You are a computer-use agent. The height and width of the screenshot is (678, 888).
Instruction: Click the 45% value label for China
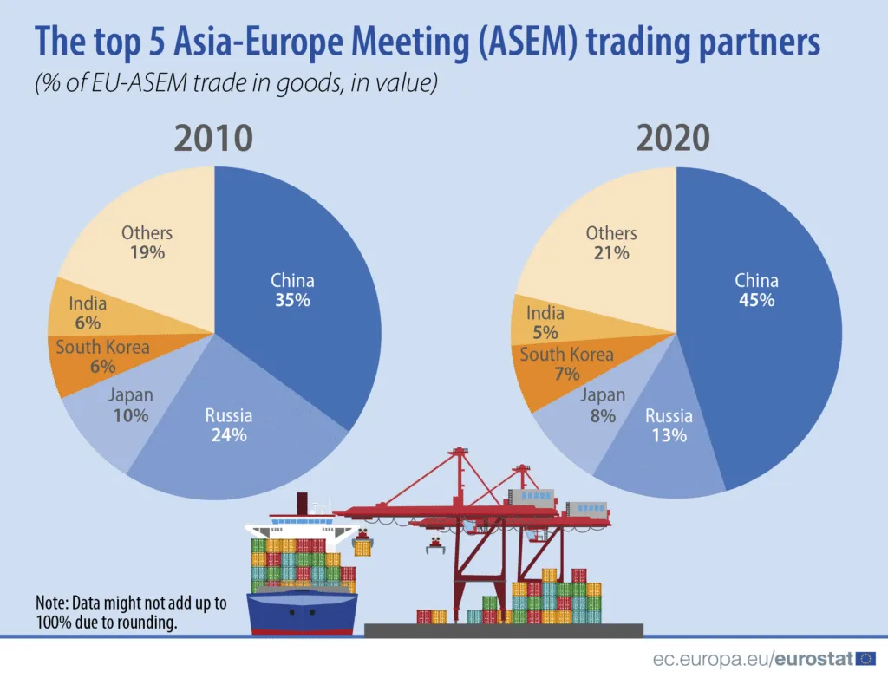tap(757, 301)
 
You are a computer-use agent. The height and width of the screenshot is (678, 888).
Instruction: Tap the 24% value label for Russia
tap(229, 435)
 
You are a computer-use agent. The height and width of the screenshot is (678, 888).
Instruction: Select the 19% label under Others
tap(147, 253)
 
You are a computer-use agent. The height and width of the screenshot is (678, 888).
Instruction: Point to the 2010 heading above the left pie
tap(213, 139)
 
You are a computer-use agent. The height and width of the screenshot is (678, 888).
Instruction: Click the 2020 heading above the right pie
tap(674, 139)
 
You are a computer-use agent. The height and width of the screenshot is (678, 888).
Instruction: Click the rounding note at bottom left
tap(130, 612)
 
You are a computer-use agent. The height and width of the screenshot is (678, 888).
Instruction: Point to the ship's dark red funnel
tap(303, 503)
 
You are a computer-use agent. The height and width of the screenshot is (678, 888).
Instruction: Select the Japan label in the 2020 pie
tap(603, 396)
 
